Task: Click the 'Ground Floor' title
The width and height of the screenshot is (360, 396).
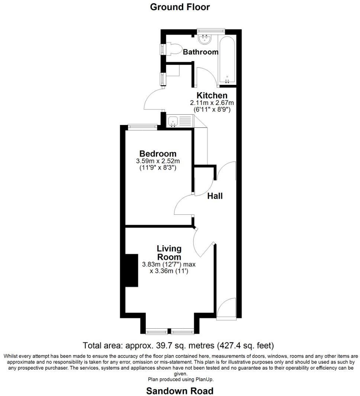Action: pyautogui.click(x=180, y=7)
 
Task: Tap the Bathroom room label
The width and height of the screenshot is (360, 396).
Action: pyautogui.click(x=200, y=52)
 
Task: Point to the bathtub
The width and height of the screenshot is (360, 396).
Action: pyautogui.click(x=227, y=60)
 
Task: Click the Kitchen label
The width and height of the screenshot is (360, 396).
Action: pyautogui.click(x=212, y=96)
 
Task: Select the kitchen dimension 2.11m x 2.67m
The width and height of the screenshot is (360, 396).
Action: pyautogui.click(x=212, y=103)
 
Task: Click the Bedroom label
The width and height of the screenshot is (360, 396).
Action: pyautogui.click(x=158, y=154)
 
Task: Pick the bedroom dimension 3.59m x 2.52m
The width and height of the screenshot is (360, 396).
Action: pyautogui.click(x=158, y=161)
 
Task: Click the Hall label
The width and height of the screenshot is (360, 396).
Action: pyautogui.click(x=215, y=196)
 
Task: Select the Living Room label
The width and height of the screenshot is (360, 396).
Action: pyautogui.click(x=169, y=253)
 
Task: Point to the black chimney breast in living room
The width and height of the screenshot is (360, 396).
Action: pyautogui.click(x=131, y=271)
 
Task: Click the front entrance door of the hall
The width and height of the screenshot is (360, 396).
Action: pyautogui.click(x=226, y=308)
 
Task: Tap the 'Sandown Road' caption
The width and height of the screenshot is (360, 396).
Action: pyautogui.click(x=180, y=391)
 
